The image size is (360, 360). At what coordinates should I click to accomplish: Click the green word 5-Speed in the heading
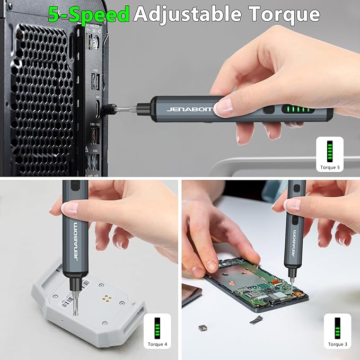(89, 14)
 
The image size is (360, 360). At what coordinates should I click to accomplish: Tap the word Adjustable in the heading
(187, 14)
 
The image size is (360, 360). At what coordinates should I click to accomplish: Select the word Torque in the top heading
(284, 15)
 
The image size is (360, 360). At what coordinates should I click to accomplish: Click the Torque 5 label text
(330, 168)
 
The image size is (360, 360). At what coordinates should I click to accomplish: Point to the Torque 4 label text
(157, 344)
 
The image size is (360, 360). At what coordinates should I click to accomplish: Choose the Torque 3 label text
(338, 344)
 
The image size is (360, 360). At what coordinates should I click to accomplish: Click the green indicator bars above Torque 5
(330, 151)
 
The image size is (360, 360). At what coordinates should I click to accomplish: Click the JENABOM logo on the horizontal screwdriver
(190, 109)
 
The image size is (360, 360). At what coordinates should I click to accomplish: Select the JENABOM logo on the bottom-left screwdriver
(75, 241)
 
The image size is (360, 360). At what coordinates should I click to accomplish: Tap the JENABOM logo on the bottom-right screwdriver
(294, 243)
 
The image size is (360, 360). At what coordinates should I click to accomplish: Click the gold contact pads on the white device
(107, 298)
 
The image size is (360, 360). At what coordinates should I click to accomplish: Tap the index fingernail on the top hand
(223, 107)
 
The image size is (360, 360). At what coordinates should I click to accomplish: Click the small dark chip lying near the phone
(202, 328)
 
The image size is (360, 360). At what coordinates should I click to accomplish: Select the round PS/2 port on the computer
(96, 42)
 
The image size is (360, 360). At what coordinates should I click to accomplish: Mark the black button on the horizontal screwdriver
(269, 110)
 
